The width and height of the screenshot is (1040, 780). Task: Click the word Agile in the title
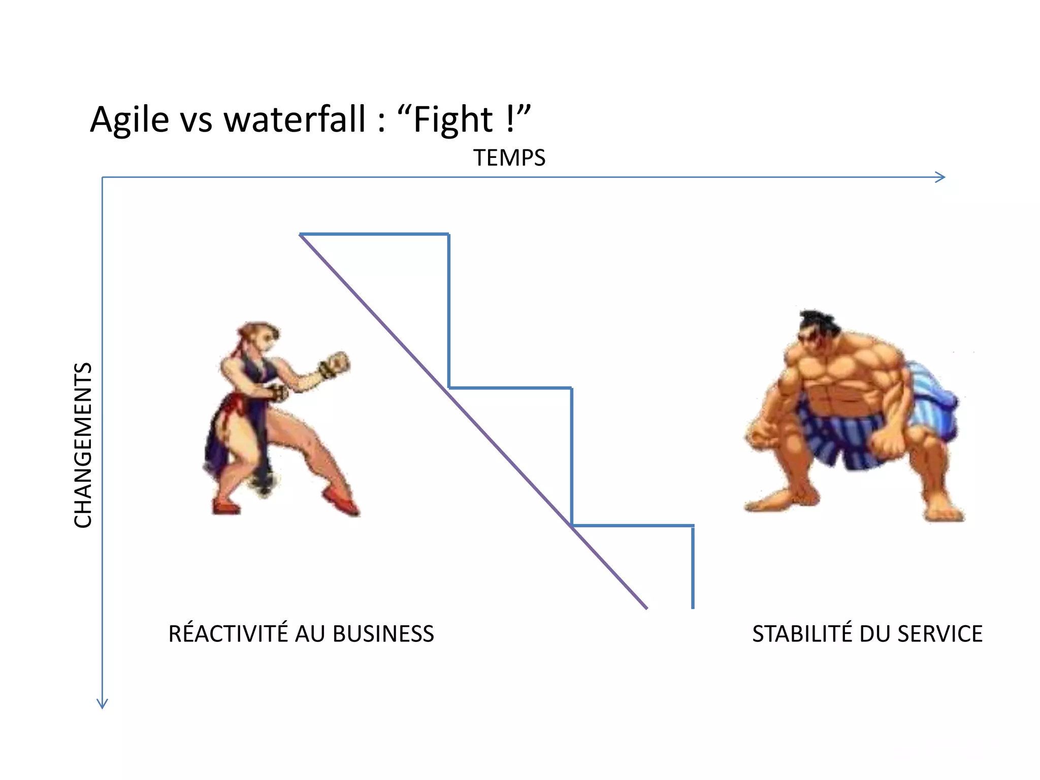(x=129, y=120)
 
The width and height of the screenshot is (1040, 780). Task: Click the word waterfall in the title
(x=295, y=120)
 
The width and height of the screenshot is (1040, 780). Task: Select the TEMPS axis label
(x=509, y=158)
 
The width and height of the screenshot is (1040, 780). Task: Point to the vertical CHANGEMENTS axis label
(x=83, y=445)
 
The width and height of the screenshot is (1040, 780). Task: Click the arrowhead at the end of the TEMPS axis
(x=940, y=177)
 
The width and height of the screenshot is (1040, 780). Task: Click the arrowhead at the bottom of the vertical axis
(x=103, y=703)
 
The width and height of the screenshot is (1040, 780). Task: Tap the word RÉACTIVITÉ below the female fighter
(x=227, y=633)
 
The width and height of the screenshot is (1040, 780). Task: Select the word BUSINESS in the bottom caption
(x=383, y=634)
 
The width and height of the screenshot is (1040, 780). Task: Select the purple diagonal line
(x=472, y=419)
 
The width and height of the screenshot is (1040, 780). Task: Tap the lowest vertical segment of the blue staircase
(x=693, y=566)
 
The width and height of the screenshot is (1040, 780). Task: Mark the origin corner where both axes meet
(x=103, y=177)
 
